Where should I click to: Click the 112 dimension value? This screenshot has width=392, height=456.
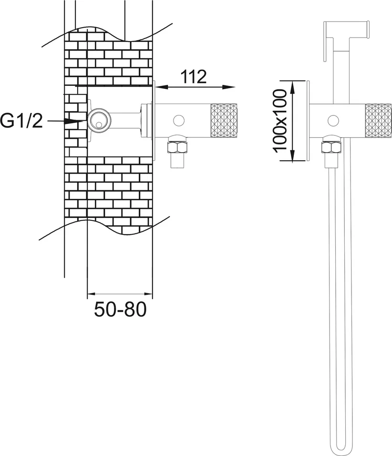click(194, 76)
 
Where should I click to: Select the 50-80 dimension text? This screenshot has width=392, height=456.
click(120, 309)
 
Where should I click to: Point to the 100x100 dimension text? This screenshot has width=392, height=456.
click(280, 120)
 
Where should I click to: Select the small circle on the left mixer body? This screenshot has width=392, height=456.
click(178, 120)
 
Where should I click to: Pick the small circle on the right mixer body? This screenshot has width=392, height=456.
click(333, 120)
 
